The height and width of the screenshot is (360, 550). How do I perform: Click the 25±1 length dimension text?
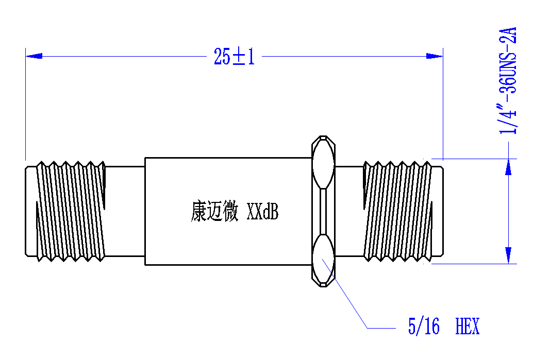pyautogui.click(x=235, y=57)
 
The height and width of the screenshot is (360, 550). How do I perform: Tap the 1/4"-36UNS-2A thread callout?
pyautogui.click(x=508, y=81)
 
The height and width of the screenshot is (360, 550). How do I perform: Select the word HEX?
pyautogui.click(x=467, y=327)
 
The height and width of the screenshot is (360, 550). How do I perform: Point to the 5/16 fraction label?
pyautogui.click(x=424, y=327)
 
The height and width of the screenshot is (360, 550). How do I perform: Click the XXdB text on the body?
pyautogui.click(x=263, y=211)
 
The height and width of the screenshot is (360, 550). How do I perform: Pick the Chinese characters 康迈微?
pyautogui.click(x=214, y=211)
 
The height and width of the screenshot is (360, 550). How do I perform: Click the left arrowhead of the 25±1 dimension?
pyautogui.click(x=34, y=56)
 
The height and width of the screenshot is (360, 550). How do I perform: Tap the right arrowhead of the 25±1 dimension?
pyautogui.click(x=434, y=56)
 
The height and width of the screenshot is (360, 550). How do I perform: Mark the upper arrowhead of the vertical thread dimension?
pyautogui.click(x=508, y=167)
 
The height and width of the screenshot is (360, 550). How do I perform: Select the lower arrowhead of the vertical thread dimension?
pyautogui.click(x=508, y=255)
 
